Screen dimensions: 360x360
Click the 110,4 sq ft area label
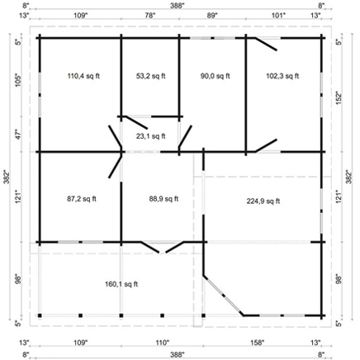click(x=80, y=75)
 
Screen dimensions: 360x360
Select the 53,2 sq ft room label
click(x=149, y=75)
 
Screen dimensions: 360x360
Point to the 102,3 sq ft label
click(x=280, y=75)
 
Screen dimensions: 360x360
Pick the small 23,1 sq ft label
click(x=150, y=136)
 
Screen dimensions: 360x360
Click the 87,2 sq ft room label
click(x=81, y=198)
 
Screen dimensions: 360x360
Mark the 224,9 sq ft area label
click(x=263, y=201)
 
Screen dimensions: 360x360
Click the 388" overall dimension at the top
click(x=178, y=5)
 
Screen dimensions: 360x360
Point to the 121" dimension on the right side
click(x=339, y=198)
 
